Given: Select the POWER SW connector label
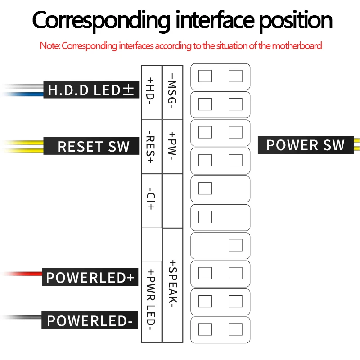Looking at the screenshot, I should (x=305, y=145).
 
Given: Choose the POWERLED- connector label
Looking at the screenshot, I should (x=90, y=321).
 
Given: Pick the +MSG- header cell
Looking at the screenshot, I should (x=172, y=92).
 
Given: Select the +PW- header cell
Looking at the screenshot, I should (x=172, y=147).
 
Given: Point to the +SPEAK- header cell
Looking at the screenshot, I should (x=172, y=283).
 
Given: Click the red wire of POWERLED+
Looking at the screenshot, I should (x=22, y=273).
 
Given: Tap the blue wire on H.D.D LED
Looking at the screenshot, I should (x=22, y=94).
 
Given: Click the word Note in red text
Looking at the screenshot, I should (x=49, y=45).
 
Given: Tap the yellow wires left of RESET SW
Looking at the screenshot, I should (x=22, y=146).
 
